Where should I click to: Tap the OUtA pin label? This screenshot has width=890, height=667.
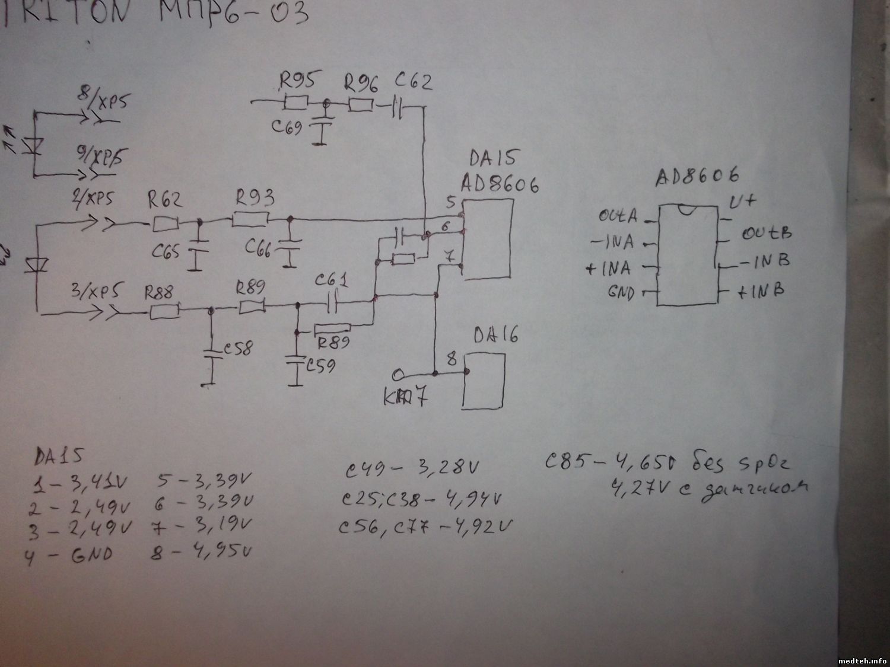[618, 216]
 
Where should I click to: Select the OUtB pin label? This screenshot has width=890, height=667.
[766, 233]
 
